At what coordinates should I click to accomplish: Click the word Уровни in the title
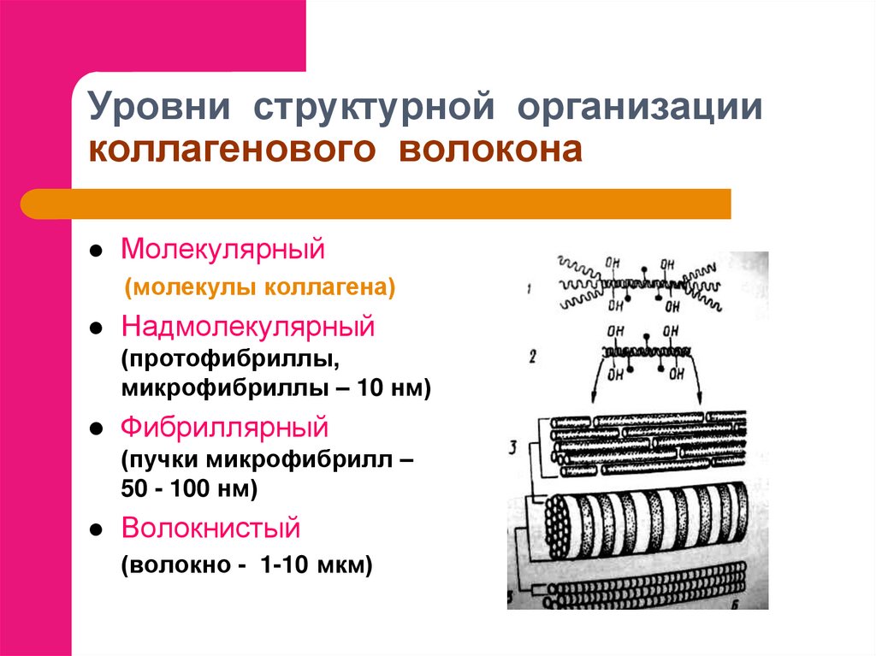coord(158,106)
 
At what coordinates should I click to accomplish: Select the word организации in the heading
coord(640,107)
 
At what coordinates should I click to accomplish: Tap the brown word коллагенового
coord(232,150)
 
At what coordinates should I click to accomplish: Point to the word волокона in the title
coord(490,150)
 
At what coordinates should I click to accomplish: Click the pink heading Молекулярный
coord(222,249)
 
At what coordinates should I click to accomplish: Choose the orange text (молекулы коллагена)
coord(260,287)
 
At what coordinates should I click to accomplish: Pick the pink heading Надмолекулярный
coord(247,327)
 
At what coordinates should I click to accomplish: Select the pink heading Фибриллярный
coord(225,428)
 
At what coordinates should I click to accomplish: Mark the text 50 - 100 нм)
coord(189,488)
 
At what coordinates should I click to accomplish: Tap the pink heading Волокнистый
coord(210,528)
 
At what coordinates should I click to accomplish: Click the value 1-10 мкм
coord(311,564)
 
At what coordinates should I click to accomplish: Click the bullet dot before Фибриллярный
coord(96,428)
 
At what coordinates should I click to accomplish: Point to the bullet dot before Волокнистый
coord(96,529)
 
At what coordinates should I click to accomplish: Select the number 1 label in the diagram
coord(528,289)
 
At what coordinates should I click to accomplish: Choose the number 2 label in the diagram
coord(532,357)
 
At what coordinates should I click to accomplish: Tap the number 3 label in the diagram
coord(513,447)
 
